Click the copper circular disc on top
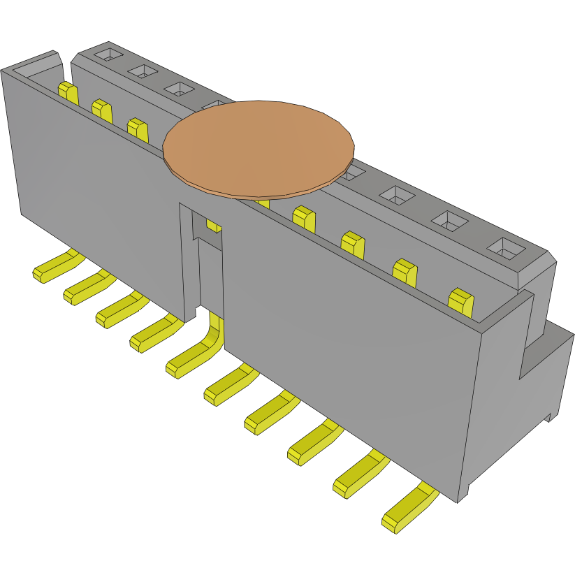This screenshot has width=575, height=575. click(259, 147)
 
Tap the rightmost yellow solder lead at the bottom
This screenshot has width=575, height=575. click(409, 509)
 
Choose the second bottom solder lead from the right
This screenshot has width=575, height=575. click(359, 475)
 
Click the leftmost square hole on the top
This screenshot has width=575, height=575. click(108, 54)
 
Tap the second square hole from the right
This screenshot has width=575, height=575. click(450, 221)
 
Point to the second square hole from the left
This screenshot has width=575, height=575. click(143, 71)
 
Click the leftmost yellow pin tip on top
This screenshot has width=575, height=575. click(67, 92)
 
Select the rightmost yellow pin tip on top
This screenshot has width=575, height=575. click(460, 300)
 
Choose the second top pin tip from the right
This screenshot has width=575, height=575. click(406, 272)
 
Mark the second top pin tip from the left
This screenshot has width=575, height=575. click(102, 110)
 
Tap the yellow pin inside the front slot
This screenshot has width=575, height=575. click(214, 225)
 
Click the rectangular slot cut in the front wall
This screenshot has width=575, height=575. click(203, 259)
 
